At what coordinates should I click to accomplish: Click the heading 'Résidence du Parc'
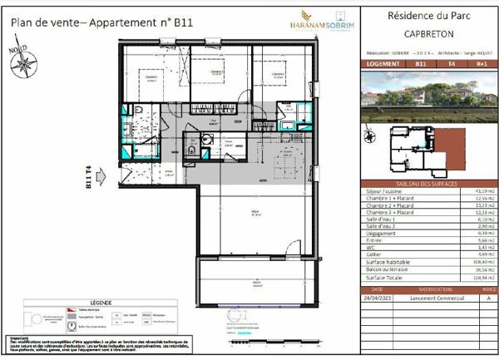coord(426,17)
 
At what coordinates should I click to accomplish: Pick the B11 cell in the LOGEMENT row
coord(421,62)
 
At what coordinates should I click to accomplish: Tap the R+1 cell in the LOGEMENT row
coord(481,62)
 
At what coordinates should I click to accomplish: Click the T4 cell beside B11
coord(452,62)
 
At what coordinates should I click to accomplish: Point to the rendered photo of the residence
coord(426,97)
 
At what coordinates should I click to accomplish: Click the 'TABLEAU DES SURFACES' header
coord(426,184)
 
